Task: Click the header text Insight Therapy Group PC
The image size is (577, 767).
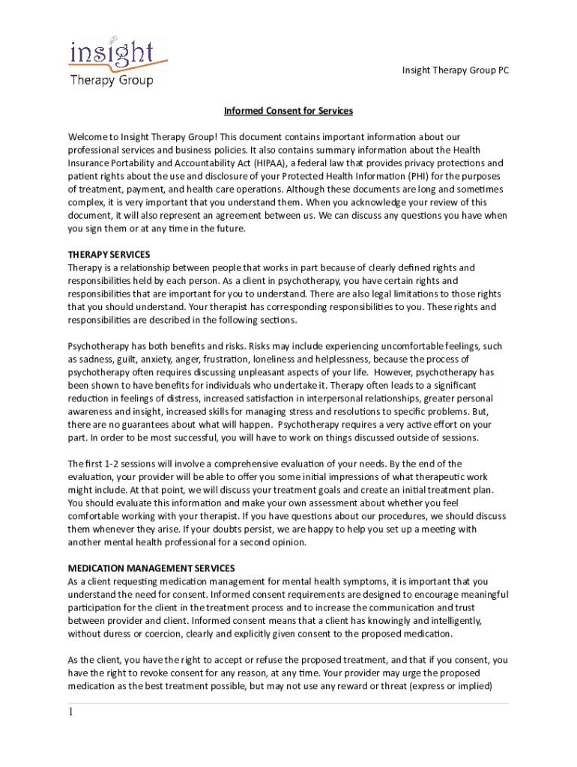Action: coord(450,70)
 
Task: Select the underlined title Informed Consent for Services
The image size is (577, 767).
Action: coord(288,111)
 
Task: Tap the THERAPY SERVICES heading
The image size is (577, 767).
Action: coord(109,254)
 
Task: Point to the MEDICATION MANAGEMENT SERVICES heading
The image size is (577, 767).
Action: coord(151,568)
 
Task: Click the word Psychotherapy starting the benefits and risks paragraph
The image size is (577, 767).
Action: coord(100,346)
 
